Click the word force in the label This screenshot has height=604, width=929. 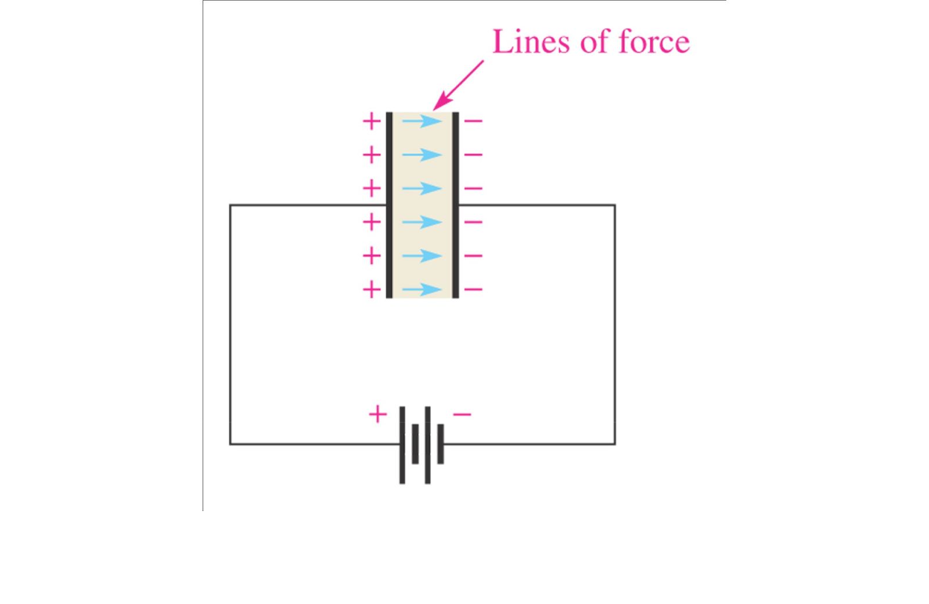point(654,42)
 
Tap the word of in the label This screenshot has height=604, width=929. point(591,42)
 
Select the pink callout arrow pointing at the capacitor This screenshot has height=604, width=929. point(459,85)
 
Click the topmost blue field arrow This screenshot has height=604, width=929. point(422,121)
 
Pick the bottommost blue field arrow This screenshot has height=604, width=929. point(422,289)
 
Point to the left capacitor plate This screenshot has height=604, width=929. point(389,205)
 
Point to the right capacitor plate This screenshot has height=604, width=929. point(456,205)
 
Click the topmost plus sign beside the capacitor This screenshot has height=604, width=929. point(372,121)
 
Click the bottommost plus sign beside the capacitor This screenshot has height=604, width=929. point(372,289)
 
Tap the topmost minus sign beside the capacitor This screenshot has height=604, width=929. point(473,121)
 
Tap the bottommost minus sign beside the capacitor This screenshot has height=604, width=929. point(473,289)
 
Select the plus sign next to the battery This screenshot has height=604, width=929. point(377,414)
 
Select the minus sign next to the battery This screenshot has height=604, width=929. point(462,414)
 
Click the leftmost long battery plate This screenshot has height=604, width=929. point(402,445)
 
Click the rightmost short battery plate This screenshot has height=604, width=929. point(441,444)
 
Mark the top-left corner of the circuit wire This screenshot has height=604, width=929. point(231,205)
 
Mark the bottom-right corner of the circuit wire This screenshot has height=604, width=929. point(615,444)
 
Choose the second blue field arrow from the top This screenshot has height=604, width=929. point(422,154)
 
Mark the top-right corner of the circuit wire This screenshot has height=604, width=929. point(615,205)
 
